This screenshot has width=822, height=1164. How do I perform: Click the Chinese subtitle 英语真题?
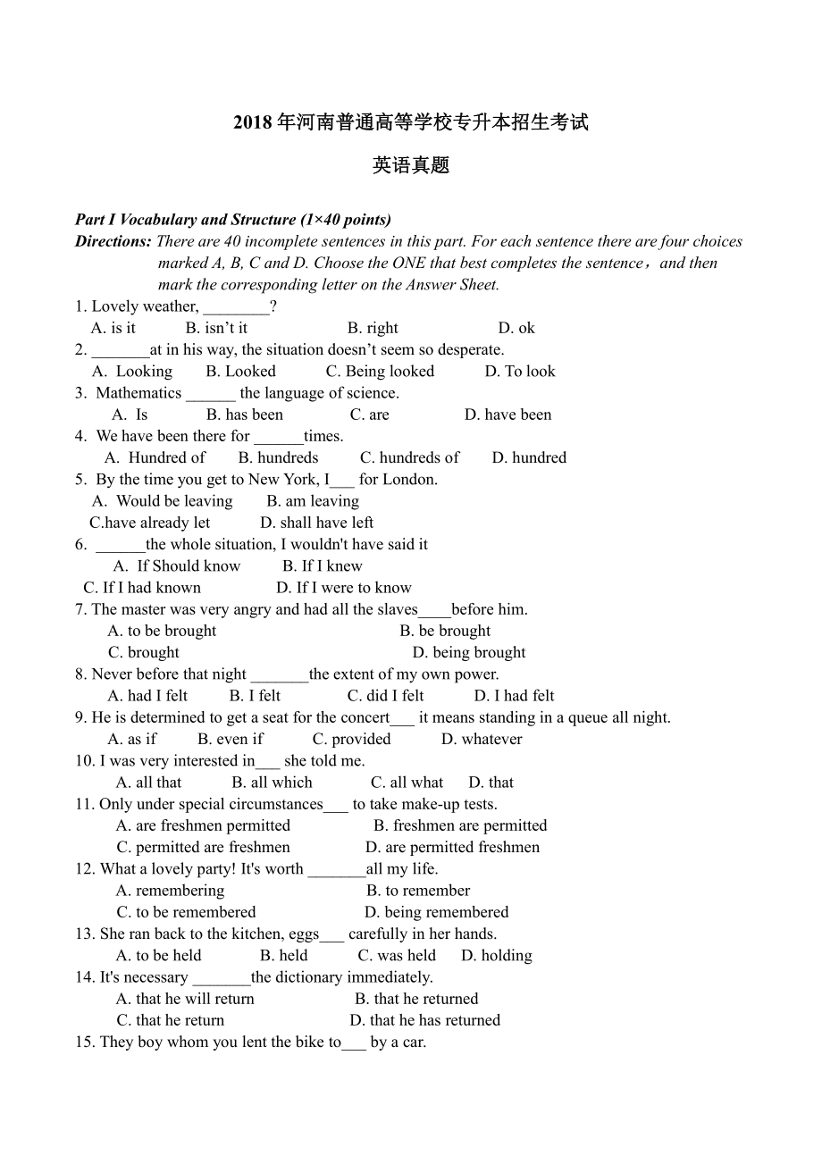point(411,165)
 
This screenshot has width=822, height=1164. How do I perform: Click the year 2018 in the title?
point(253,122)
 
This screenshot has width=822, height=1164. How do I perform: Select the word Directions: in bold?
point(113,241)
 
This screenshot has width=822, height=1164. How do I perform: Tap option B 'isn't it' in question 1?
point(216,328)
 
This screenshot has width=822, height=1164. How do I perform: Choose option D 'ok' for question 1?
point(516,328)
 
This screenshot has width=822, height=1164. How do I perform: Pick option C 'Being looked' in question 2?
point(380,372)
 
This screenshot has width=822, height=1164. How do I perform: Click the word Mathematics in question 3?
point(138,393)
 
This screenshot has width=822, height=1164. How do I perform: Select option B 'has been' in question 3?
point(244,415)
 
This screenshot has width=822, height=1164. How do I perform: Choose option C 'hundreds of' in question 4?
point(409,458)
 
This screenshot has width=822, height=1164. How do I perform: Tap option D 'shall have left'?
point(316,523)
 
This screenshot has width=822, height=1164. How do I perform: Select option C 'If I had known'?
point(142,588)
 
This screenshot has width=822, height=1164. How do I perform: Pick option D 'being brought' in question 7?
point(468,653)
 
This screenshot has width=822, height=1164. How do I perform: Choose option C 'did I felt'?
point(385,696)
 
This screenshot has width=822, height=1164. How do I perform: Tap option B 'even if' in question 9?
point(231,740)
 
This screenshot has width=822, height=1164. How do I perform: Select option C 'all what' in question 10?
point(407,783)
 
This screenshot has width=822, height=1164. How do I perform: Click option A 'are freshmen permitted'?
point(203,826)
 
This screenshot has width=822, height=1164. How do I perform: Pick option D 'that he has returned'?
point(424,1020)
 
